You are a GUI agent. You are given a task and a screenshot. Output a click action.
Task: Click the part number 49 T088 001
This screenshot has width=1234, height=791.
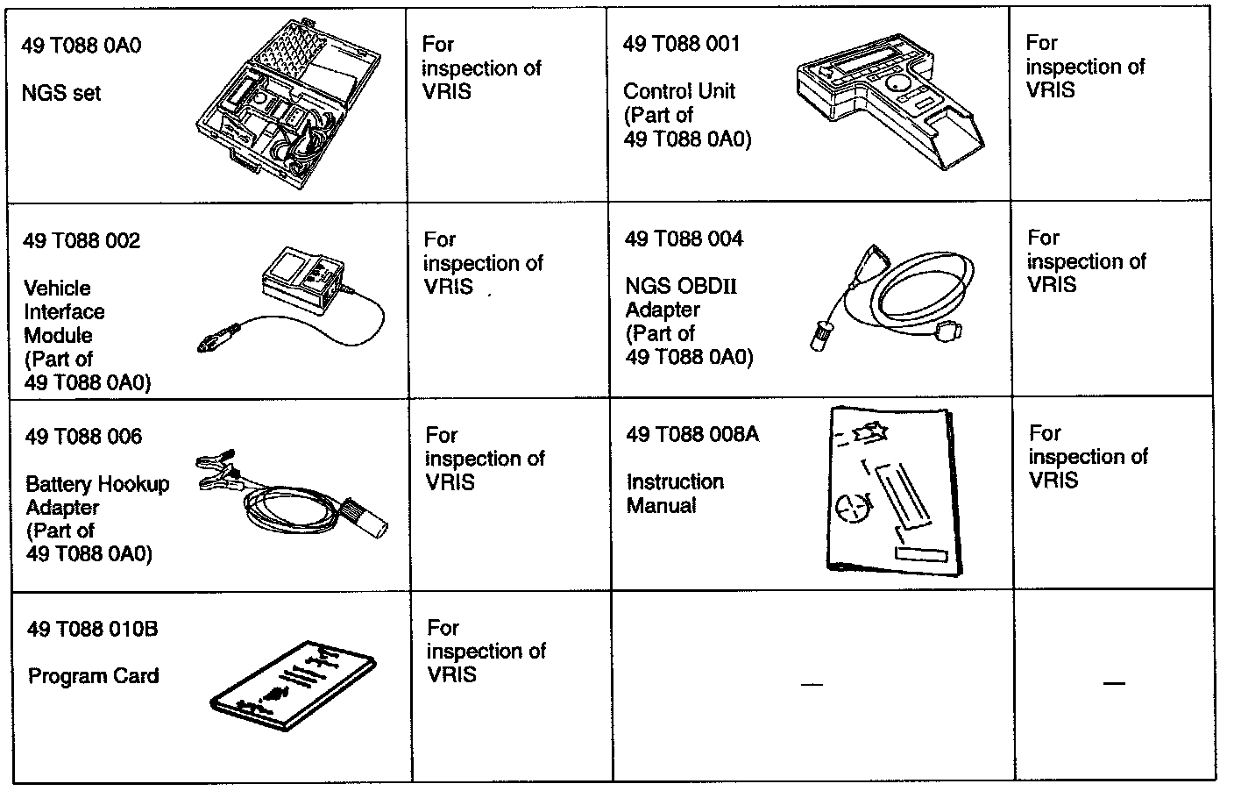click(x=681, y=44)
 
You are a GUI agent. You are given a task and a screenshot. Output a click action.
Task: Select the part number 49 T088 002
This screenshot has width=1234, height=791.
click(x=82, y=241)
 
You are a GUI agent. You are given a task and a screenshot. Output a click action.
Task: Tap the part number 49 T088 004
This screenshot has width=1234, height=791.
click(x=684, y=239)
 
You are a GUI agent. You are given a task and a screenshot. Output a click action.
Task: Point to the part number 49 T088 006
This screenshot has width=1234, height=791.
click(x=83, y=437)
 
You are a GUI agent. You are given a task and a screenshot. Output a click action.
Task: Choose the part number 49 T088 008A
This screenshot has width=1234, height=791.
click(x=691, y=434)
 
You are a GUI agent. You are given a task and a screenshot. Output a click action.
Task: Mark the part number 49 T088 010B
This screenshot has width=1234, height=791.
click(x=93, y=629)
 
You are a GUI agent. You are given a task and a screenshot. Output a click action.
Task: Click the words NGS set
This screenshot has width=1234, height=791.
click(x=60, y=92)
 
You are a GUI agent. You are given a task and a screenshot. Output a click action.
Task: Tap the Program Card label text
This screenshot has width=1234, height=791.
click(x=93, y=676)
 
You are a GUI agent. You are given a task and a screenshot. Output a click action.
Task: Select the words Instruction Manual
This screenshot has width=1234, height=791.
click(x=674, y=494)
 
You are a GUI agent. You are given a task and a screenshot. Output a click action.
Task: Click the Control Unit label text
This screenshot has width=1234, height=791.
click(x=679, y=91)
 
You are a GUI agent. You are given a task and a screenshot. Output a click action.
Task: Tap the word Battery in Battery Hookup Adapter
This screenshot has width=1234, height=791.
click(x=58, y=484)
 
